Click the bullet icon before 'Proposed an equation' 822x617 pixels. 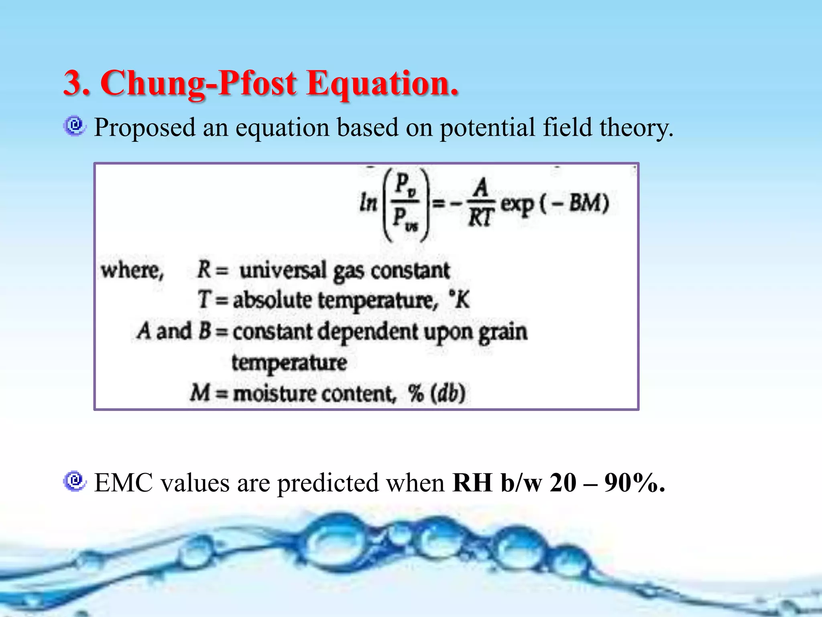(x=75, y=127)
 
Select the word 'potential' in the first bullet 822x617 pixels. (x=487, y=128)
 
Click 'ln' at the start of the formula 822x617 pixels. (x=368, y=202)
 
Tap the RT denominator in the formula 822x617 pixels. (x=480, y=218)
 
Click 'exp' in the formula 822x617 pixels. (x=517, y=204)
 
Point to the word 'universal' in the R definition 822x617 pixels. (x=283, y=270)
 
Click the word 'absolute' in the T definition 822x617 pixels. (x=273, y=300)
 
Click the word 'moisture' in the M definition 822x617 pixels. (x=274, y=393)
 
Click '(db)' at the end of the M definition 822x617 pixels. (x=448, y=393)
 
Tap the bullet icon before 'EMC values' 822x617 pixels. (x=75, y=481)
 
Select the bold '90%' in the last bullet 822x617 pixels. (x=635, y=482)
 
